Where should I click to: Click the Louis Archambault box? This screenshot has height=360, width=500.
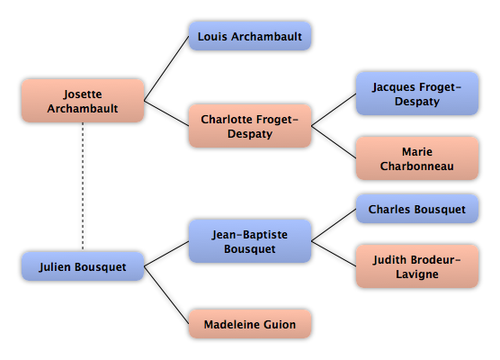(x=250, y=36)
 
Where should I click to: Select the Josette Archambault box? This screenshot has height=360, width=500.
(x=83, y=101)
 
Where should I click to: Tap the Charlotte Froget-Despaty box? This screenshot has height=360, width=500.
(x=250, y=126)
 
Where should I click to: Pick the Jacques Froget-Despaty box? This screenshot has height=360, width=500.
(x=417, y=94)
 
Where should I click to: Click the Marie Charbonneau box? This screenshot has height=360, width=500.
(x=417, y=158)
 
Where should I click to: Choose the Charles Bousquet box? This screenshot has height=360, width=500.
(x=417, y=209)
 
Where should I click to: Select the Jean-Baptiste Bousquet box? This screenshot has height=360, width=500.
(x=250, y=241)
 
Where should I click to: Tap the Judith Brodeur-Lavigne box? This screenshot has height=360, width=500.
(x=417, y=266)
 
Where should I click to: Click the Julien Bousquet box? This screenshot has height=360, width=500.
(x=83, y=266)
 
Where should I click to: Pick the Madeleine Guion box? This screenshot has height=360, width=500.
(x=250, y=324)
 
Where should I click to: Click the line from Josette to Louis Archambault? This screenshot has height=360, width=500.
(x=166, y=68)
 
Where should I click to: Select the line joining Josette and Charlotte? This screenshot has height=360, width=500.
(x=166, y=113)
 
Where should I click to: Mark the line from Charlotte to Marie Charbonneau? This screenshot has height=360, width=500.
(x=334, y=142)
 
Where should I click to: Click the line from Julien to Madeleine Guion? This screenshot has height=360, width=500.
(x=166, y=295)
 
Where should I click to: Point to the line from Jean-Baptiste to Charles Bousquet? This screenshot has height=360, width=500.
(x=334, y=225)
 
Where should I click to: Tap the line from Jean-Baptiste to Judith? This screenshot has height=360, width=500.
(x=334, y=254)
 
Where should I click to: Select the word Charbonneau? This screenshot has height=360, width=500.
(x=416, y=166)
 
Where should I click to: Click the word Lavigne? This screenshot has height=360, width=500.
(x=417, y=274)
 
